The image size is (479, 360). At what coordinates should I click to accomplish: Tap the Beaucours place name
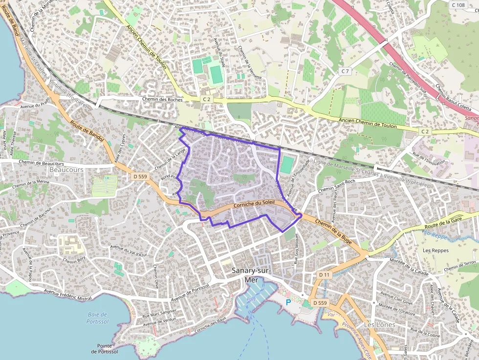tap(66, 169)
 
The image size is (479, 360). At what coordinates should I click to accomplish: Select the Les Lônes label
tap(379, 324)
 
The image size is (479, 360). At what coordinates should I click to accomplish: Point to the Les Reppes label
tap(435, 251)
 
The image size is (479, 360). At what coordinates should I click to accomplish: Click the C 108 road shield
tap(458, 5)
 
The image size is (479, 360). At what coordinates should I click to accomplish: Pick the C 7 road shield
tap(346, 71)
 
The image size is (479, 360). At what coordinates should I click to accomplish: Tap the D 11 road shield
tap(325, 275)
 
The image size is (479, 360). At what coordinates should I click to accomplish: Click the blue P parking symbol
tap(288, 302)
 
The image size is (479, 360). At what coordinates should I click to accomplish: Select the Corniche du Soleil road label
tap(255, 205)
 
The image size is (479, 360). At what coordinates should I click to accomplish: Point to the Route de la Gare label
tap(443, 224)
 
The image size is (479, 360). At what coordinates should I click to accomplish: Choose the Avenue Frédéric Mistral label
tap(68, 294)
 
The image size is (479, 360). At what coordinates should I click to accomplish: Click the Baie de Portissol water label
tap(97, 318)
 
